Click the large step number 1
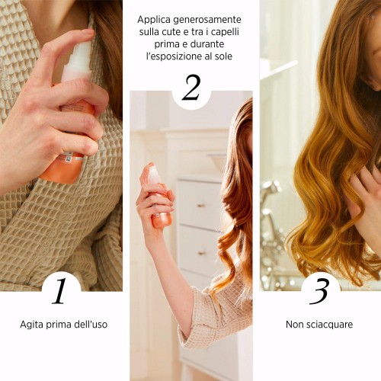point(59,291)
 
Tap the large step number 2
point(191,88)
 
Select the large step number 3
point(320,291)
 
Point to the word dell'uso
point(91,325)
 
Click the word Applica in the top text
point(153,20)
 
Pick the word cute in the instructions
point(168,32)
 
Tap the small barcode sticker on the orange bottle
point(68,158)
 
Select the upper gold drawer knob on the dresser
point(201,205)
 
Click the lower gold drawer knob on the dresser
point(202,253)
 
